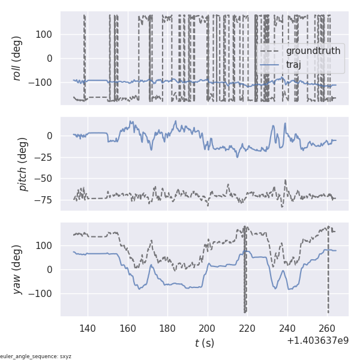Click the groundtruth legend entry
click(x=313, y=51)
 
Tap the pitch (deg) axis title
click(x=23, y=164)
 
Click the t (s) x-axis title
click(x=204, y=343)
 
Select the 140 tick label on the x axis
click(x=88, y=328)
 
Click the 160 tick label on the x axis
click(x=128, y=328)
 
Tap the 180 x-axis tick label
click(x=168, y=328)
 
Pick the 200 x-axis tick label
click(x=208, y=328)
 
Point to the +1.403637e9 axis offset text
click(x=317, y=341)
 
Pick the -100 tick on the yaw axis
click(x=43, y=293)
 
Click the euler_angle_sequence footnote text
click(x=36, y=356)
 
